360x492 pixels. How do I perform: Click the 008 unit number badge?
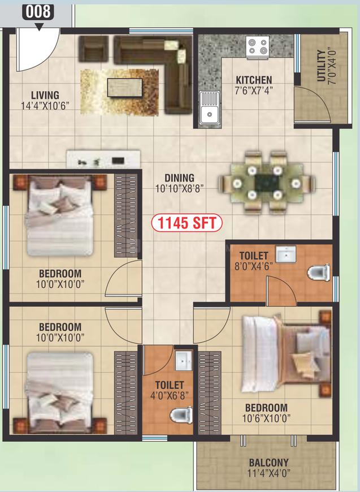tap(38, 12)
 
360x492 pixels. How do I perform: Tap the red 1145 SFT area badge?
tap(186, 223)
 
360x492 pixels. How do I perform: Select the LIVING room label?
tap(45, 95)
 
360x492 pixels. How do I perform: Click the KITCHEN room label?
tap(254, 80)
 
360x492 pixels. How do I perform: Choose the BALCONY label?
tap(269, 463)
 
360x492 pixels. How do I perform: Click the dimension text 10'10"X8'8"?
tap(180, 188)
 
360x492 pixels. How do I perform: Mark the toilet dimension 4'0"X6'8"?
tap(170, 395)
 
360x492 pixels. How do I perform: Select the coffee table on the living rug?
tap(124, 88)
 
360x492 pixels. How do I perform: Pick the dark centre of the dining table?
tap(267, 183)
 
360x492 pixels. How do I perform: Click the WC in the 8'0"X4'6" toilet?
tap(319, 273)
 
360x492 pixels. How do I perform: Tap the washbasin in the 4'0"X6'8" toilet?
tap(183, 361)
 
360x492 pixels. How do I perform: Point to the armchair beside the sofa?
tap(93, 48)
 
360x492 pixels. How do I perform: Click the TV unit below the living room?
tap(103, 159)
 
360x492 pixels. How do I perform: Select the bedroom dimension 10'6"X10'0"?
tap(266, 418)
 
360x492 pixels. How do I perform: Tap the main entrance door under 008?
tap(38, 50)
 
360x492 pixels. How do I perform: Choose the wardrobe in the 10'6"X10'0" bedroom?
tap(210, 393)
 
